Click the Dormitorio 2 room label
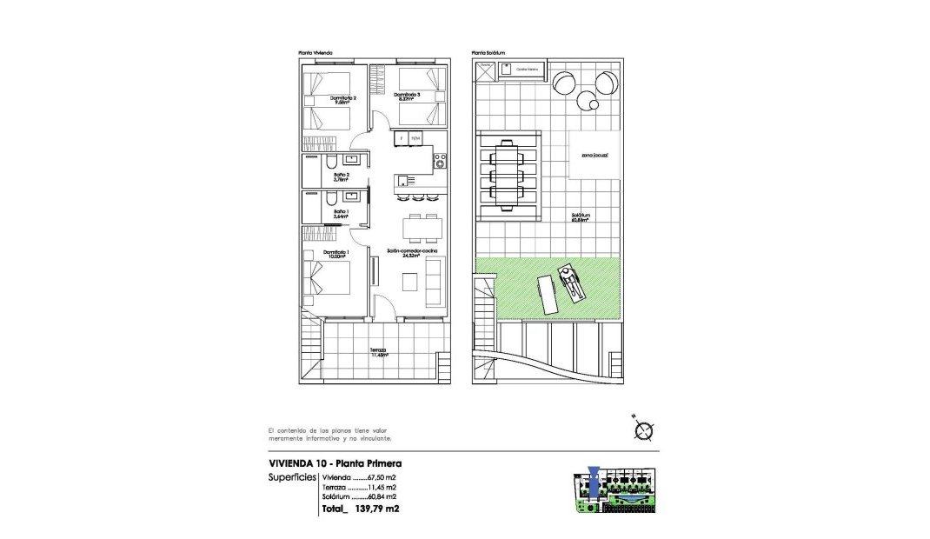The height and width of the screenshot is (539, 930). tap(343, 99)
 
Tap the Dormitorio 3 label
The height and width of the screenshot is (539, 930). tap(407, 96)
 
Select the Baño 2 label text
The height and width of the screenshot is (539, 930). tap(341, 176)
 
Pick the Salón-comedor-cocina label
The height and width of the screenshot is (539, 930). tap(412, 253)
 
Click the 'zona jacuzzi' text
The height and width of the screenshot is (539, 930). tap(595, 156)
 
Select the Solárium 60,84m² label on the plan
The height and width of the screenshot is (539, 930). tap(580, 217)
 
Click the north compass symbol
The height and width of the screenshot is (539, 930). tap(644, 429)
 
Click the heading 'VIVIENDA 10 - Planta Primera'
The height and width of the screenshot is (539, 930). tap(335, 463)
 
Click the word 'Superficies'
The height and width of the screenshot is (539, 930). tap(292, 477)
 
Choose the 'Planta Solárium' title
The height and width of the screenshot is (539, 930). tap(488, 52)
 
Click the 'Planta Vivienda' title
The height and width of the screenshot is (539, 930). tap(316, 52)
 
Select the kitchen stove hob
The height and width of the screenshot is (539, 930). tap(440, 161)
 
